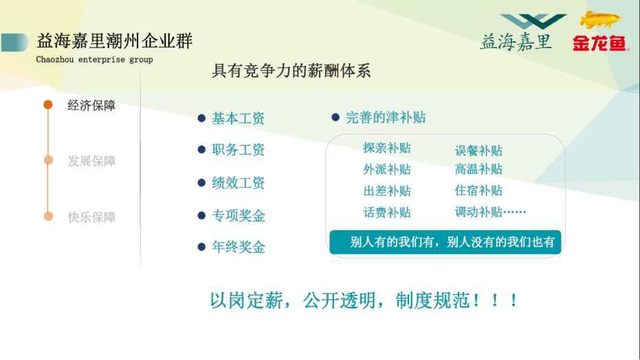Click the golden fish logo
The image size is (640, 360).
click(600, 19)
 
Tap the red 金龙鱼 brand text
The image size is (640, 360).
click(600, 43)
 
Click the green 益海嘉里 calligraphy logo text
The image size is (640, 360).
click(516, 42)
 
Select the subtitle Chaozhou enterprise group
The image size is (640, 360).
click(94, 60)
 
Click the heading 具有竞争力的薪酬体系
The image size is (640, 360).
click(291, 71)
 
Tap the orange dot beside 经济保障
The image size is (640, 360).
click(48, 105)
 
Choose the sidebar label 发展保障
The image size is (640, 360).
click(91, 161)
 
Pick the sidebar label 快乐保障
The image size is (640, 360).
click(91, 217)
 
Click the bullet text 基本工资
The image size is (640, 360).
click(238, 118)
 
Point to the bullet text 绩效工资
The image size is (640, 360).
click(238, 183)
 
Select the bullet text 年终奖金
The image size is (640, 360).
click(239, 247)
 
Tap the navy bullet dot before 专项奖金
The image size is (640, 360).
click(201, 215)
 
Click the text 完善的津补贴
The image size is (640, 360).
click(386, 117)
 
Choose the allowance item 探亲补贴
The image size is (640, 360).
click(387, 148)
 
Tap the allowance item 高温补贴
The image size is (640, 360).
click(478, 169)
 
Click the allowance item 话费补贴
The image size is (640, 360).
click(387, 212)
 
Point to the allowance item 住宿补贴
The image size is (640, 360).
click(478, 190)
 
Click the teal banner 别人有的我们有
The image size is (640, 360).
click(445, 242)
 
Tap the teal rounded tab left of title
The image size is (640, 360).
click(14, 43)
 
